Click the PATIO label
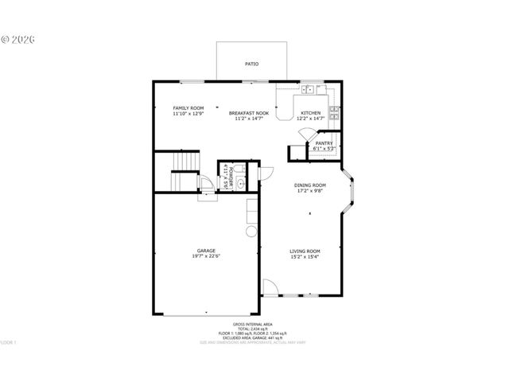[x=251, y=64]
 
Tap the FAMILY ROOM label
[x=188, y=107]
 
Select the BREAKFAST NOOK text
[x=249, y=113]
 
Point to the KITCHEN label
[x=310, y=113]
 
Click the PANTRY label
[x=324, y=143]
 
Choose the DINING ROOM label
[x=310, y=185]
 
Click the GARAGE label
[x=206, y=251]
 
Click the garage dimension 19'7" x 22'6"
[x=206, y=256]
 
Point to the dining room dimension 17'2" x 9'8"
[x=310, y=190]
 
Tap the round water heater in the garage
[x=251, y=232]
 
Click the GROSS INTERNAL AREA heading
[x=252, y=325]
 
